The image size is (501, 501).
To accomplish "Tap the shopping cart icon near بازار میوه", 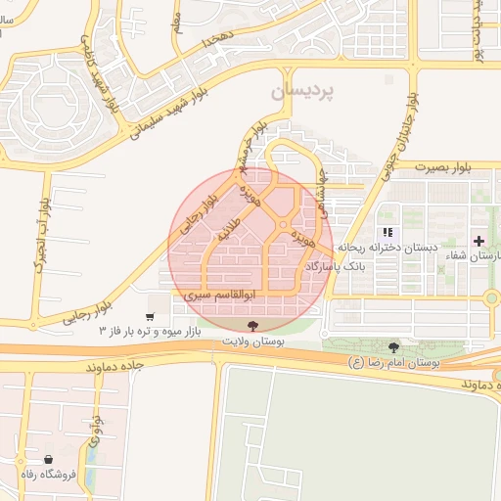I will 150,316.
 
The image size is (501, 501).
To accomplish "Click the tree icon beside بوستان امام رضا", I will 393,347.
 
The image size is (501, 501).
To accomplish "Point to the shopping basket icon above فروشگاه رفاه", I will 49,459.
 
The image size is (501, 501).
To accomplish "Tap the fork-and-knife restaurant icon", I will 387,233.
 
